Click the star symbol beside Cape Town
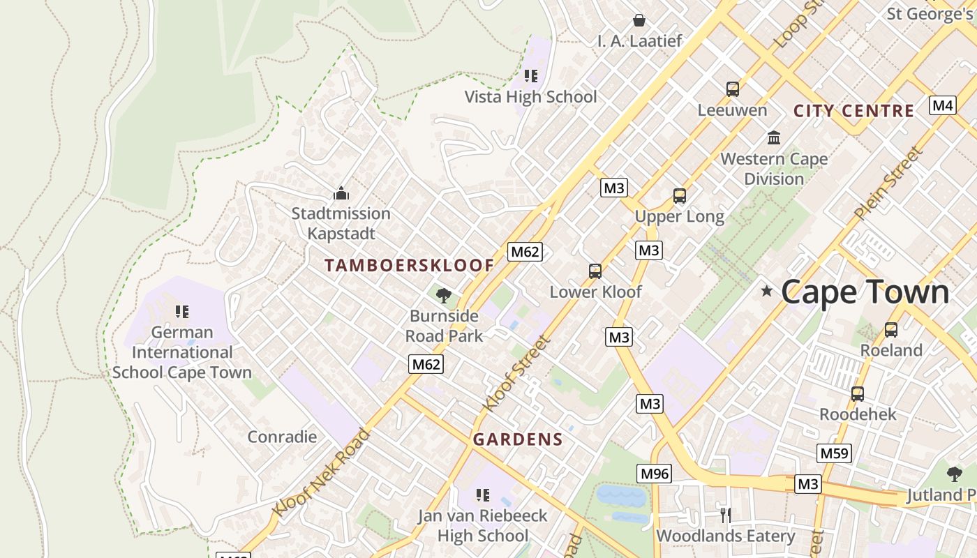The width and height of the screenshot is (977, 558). [x=767, y=291]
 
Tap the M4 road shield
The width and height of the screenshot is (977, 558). [x=942, y=105]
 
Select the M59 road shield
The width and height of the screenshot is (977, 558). [x=834, y=453]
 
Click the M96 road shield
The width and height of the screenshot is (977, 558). [x=654, y=474]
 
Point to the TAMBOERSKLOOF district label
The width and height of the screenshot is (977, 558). [x=410, y=265]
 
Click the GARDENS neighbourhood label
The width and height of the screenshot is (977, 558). [x=517, y=439]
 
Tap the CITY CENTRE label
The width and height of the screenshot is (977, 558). [x=853, y=111]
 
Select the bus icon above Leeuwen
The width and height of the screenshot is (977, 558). [x=732, y=89]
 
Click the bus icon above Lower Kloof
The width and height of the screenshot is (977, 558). [x=595, y=271]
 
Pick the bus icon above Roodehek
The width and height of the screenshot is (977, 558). [x=857, y=394]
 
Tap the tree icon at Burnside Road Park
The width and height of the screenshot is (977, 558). [x=443, y=296]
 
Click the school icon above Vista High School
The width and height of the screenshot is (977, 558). [x=530, y=76]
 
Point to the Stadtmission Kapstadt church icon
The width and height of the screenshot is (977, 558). [x=341, y=193]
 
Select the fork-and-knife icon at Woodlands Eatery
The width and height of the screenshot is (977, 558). [x=725, y=515]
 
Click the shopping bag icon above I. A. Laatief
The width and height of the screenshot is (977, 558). [x=639, y=20]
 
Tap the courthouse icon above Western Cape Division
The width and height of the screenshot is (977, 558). [x=773, y=137]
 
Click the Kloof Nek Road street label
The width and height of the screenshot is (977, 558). [x=322, y=473]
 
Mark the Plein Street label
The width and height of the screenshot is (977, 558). [x=888, y=183]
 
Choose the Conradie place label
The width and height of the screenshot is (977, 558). [x=282, y=437]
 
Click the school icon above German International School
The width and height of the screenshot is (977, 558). [x=181, y=312]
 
